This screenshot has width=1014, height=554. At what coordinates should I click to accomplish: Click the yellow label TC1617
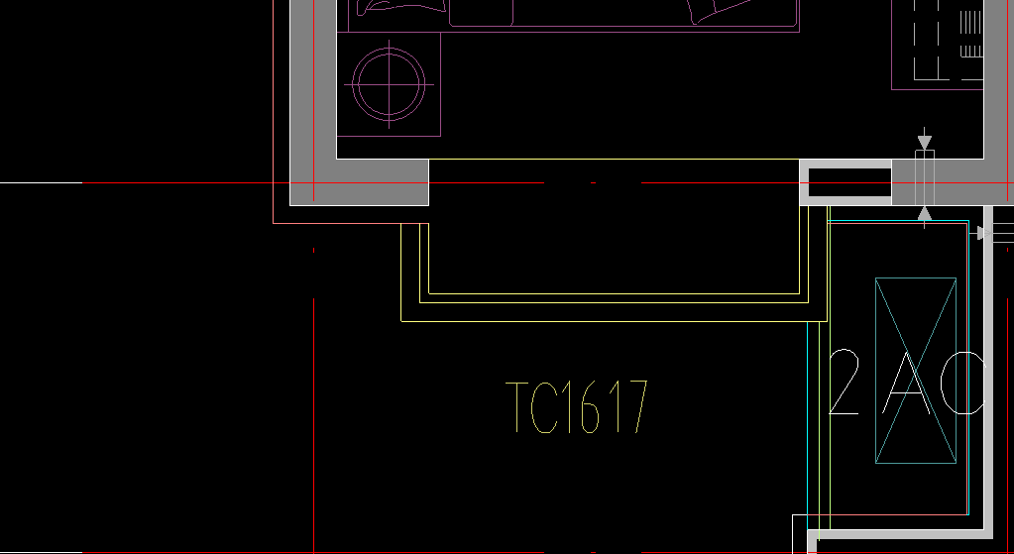[x=577, y=407]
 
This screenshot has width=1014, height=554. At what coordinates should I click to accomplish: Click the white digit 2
[x=844, y=383]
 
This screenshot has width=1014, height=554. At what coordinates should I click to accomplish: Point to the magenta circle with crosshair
[x=390, y=84]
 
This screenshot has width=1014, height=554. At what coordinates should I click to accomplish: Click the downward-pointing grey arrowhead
[x=924, y=143]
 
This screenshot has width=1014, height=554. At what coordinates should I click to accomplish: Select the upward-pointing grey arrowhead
[x=924, y=212]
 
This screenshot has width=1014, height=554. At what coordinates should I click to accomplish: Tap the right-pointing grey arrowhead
[x=982, y=233]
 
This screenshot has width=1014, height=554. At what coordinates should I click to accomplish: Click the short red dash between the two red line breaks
[x=593, y=183]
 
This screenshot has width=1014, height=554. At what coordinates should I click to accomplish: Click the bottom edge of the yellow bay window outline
[x=613, y=321]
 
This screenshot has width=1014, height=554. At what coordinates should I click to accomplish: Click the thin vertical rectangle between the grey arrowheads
[x=924, y=177]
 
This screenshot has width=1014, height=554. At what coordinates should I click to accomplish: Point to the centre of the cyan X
[x=916, y=370]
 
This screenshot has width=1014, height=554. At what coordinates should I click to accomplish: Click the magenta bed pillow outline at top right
[x=720, y=9]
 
